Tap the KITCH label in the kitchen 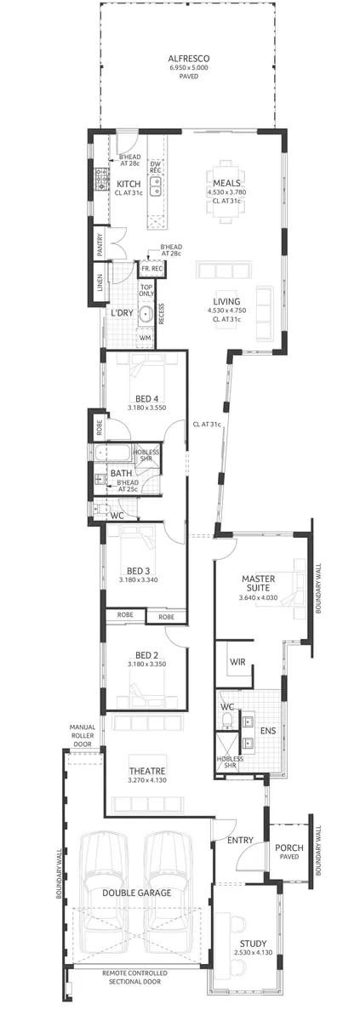(x=129, y=184)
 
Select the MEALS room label (x=226, y=183)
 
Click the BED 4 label (x=146, y=398)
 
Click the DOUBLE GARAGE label (x=137, y=893)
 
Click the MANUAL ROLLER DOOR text (x=86, y=735)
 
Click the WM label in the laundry (x=145, y=338)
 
